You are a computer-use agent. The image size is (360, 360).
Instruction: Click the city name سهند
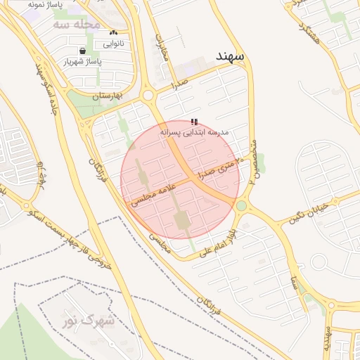coord(230,56)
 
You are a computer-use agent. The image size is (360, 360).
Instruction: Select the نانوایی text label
coord(114,43)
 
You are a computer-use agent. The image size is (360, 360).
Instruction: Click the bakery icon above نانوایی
coord(114,33)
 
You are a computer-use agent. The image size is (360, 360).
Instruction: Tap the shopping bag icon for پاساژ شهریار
coord(84,51)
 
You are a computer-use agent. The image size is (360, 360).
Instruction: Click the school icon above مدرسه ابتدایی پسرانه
coord(194,122)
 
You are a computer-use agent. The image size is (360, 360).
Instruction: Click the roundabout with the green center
coord(242,206)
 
